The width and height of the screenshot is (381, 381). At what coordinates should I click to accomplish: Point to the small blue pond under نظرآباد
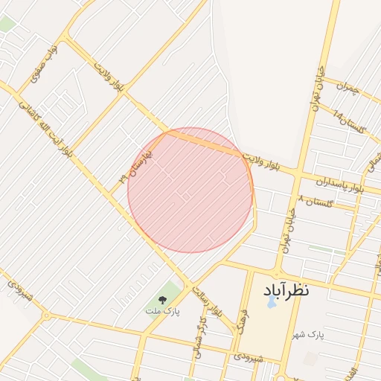(271, 303)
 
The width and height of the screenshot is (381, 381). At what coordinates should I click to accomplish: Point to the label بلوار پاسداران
(339, 185)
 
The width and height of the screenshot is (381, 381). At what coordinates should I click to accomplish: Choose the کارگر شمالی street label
(199, 336)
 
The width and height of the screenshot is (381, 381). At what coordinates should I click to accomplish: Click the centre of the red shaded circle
(190, 190)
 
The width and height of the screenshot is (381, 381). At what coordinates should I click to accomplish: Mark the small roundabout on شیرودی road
(45, 316)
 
